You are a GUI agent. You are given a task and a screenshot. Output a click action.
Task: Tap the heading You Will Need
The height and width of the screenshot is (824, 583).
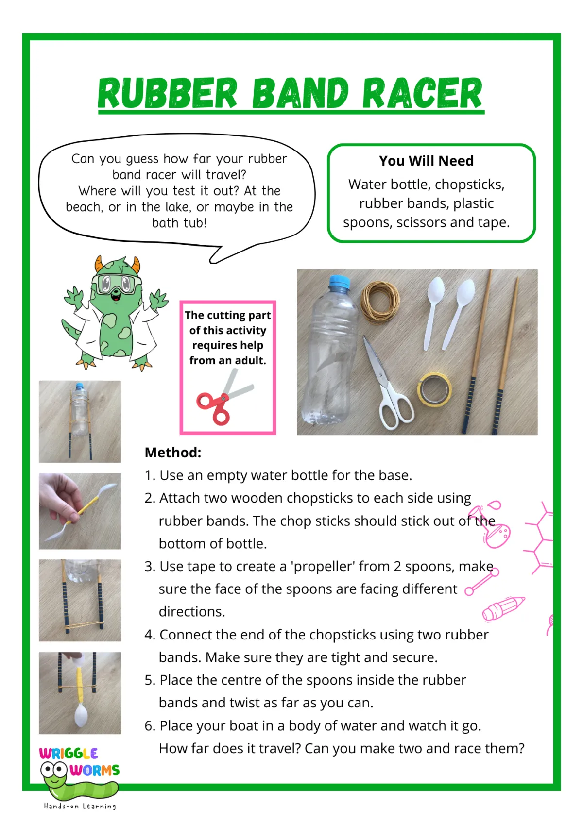coord(426,161)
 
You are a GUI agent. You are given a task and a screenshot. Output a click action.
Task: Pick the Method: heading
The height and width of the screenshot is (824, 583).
coord(173,453)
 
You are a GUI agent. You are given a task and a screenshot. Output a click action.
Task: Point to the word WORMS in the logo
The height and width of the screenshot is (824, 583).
coord(95,770)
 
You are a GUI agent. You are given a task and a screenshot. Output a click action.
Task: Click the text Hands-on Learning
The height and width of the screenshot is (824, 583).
coord(80,807)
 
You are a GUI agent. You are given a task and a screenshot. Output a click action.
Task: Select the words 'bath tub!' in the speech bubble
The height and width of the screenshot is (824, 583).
coord(179,223)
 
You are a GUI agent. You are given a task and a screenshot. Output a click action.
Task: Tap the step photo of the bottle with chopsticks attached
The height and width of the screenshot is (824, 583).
coord(80,421)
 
